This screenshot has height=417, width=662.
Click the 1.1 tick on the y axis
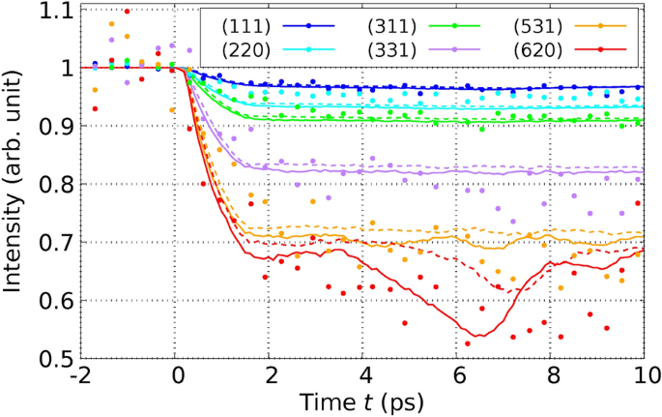57,11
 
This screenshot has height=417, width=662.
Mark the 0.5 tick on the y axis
57,359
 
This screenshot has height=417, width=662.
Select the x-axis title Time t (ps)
361,401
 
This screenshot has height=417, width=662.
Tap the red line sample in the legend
601,46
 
